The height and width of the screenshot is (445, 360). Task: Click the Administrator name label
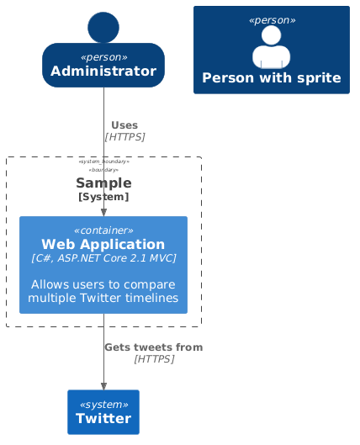pos(103,72)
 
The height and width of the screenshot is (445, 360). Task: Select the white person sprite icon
pos(271,47)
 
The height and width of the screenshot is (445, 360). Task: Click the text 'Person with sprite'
pos(271,79)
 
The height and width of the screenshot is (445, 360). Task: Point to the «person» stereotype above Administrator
pos(103,57)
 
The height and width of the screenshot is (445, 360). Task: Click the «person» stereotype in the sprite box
pos(271,19)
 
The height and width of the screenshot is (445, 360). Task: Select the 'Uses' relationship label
pos(124,125)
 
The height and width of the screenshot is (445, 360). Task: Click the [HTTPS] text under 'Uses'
pos(124,136)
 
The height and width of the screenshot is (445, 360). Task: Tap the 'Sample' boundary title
pos(103,183)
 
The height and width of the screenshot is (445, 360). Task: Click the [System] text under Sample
pos(103,197)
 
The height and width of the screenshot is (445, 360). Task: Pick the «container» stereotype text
pos(103,230)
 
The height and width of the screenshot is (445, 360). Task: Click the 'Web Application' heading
pos(103,244)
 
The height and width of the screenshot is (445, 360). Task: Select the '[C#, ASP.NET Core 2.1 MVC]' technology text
pos(103,258)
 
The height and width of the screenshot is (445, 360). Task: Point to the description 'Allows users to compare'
pos(103,284)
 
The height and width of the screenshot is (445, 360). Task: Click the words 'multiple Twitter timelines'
pos(103,298)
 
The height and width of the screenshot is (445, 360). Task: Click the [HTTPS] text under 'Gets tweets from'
pos(153,359)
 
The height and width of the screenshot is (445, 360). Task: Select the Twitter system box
pos(103,412)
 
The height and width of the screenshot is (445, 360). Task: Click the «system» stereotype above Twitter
pos(103,404)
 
